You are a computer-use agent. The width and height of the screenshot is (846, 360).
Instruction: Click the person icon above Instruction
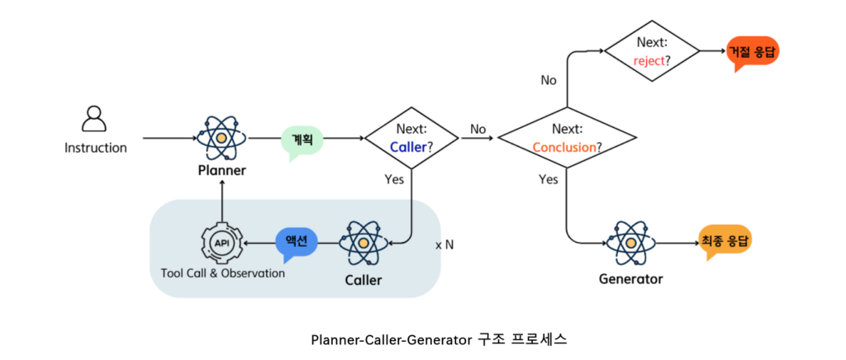[x=94, y=120]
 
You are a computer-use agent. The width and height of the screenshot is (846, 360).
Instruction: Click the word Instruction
[x=96, y=149]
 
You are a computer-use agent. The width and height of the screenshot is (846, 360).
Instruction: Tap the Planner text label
[x=221, y=171]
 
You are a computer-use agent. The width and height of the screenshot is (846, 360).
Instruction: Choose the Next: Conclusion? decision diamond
[x=566, y=138]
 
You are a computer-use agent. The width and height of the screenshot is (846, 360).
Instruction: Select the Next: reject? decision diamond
[x=653, y=51]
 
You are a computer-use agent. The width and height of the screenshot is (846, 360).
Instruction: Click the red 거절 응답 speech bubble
[x=753, y=52]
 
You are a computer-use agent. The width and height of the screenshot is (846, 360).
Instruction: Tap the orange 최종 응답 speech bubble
[x=726, y=240]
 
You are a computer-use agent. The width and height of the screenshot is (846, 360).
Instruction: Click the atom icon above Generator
[x=631, y=242]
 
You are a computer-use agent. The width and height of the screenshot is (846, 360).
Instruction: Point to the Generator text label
[x=631, y=279]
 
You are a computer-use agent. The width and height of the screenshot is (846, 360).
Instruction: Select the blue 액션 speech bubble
[x=295, y=242]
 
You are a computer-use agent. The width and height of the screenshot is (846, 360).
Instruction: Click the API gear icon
[x=222, y=243]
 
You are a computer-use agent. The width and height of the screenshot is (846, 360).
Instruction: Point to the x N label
[x=444, y=245]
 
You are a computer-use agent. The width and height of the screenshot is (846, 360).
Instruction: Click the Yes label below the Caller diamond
[x=395, y=178]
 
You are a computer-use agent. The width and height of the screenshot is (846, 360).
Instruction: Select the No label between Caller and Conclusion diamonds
[x=478, y=129]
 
